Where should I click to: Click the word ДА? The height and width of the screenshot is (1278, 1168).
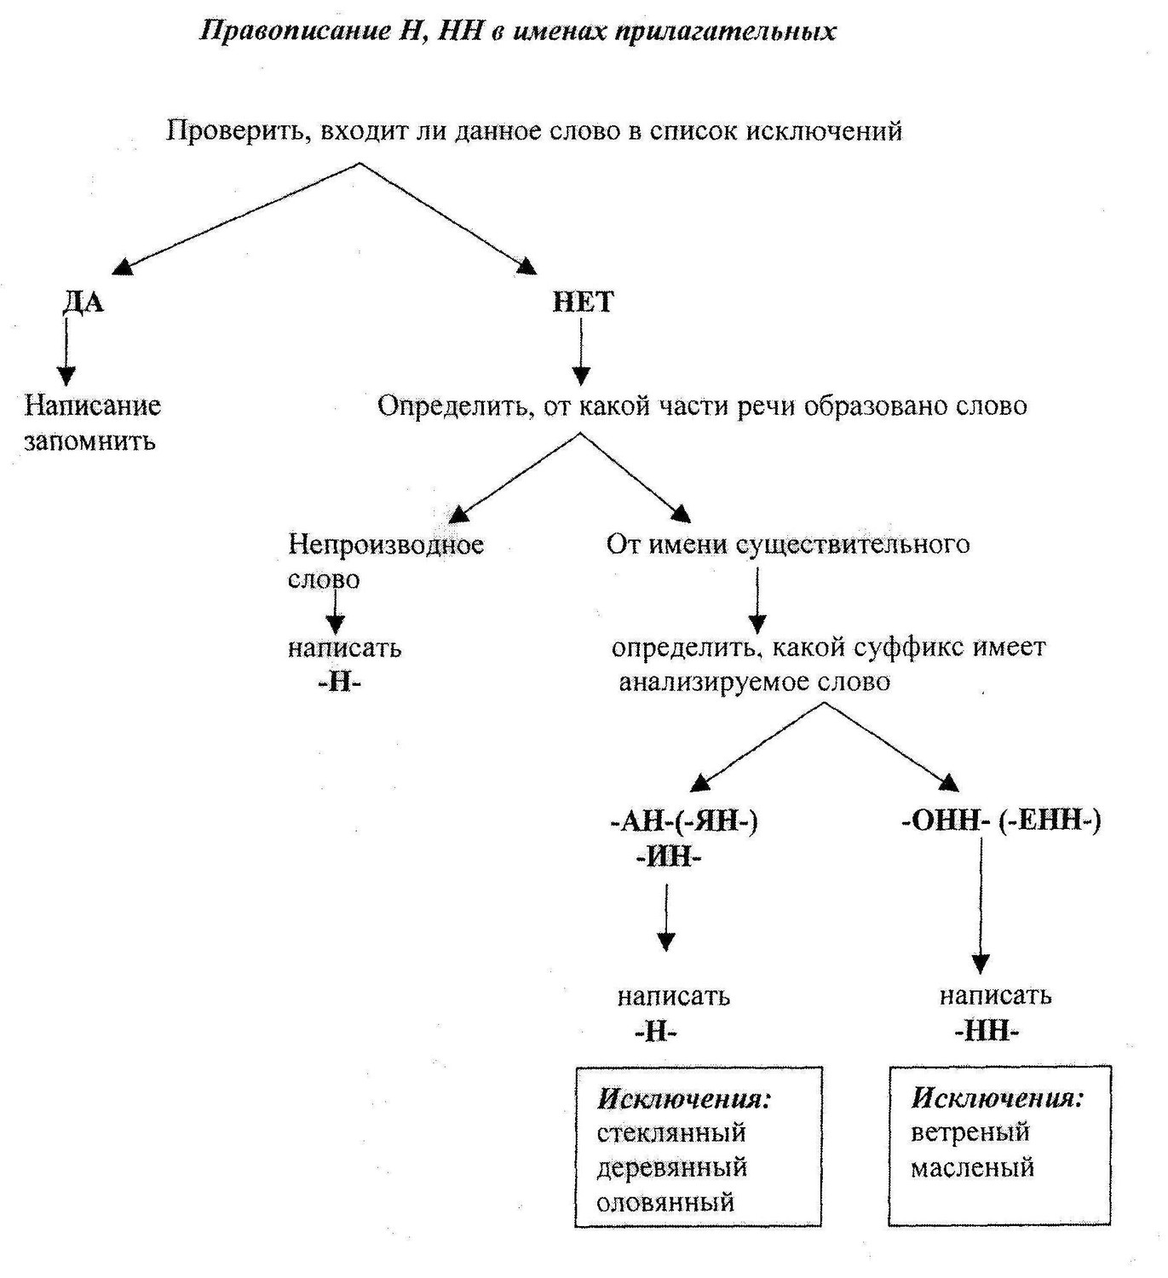[83, 302]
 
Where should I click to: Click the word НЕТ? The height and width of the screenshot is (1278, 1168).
[583, 302]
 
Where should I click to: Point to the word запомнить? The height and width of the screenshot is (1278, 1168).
[89, 440]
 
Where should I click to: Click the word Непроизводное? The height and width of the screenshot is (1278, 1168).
[386, 544]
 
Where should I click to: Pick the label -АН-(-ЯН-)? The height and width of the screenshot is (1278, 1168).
[684, 821]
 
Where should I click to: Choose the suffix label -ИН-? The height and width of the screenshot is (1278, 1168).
[668, 858]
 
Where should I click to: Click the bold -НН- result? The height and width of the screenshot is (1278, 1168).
[987, 1032]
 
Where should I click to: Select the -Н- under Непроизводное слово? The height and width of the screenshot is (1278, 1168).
[340, 683]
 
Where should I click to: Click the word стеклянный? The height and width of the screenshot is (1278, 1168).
[671, 1133]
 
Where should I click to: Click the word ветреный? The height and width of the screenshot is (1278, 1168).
[970, 1132]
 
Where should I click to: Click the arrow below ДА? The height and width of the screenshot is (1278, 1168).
[66, 353]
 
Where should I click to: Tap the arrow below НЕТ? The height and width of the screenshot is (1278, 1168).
[581, 353]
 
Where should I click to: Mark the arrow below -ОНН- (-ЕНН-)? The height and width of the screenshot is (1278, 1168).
[981, 906]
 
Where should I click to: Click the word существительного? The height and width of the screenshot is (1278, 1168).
[853, 544]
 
